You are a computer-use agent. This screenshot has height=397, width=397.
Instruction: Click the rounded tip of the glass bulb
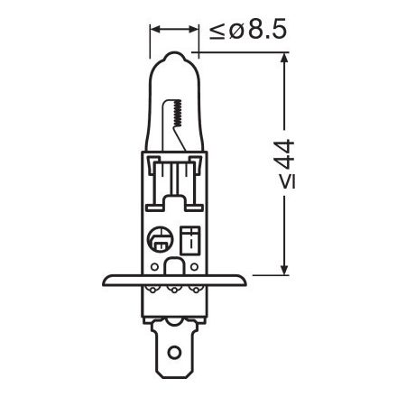click(x=171, y=57)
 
